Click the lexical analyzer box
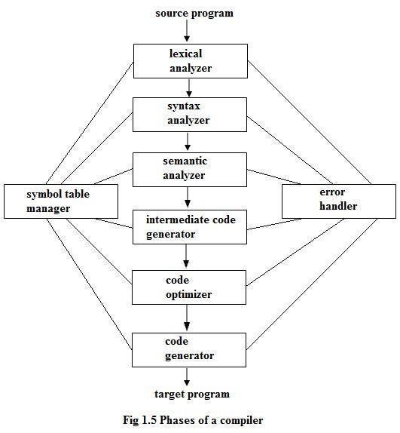coord(190,61)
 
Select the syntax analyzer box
coord(190,113)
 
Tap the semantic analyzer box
coord(190,170)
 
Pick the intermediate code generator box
coord(190,227)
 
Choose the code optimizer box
coord(190,287)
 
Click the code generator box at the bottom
coord(190,348)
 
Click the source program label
coord(194,13)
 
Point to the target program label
coord(191,394)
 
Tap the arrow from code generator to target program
coord(188,376)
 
